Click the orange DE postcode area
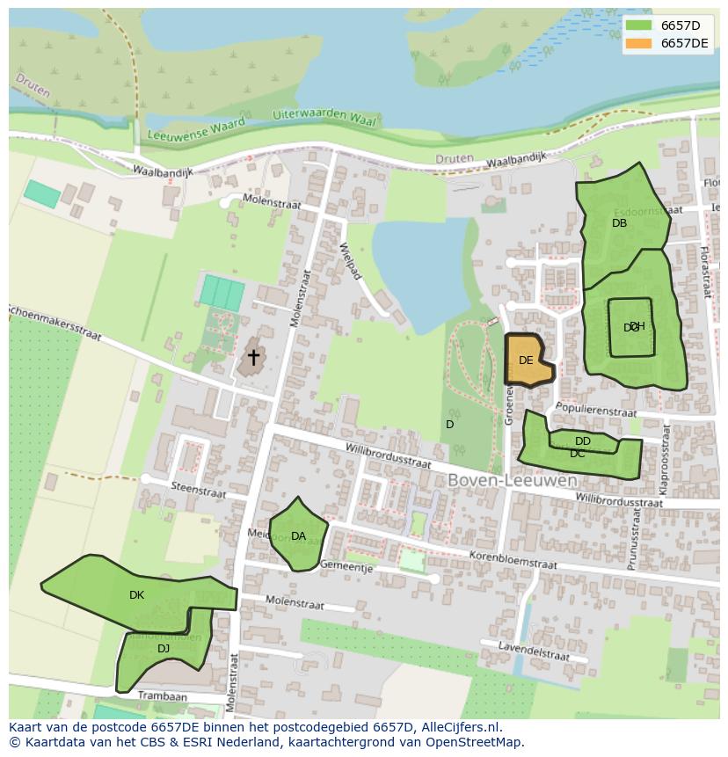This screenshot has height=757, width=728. pyautogui.click(x=528, y=360)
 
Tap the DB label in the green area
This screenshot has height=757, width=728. pyautogui.click(x=620, y=223)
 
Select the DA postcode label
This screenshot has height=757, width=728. pyautogui.click(x=298, y=536)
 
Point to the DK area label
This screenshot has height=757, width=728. pyautogui.click(x=136, y=595)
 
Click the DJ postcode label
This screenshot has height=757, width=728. pyautogui.click(x=164, y=649)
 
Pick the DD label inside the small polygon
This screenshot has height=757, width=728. pyautogui.click(x=583, y=441)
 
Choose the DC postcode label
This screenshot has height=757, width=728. pyautogui.click(x=577, y=454)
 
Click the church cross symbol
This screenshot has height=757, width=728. pyautogui.click(x=254, y=357)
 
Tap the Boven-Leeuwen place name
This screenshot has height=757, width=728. pyautogui.click(x=513, y=481)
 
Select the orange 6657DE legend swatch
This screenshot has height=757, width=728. pyautogui.click(x=639, y=43)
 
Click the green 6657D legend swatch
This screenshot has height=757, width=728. pyautogui.click(x=639, y=25)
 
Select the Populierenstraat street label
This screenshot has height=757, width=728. pyautogui.click(x=595, y=410)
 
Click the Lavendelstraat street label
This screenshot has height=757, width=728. pyautogui.click(x=532, y=652)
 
